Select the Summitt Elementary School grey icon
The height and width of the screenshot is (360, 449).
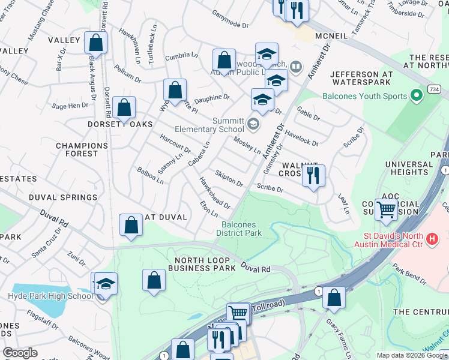coord(253,125)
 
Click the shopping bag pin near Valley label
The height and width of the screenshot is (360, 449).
coord(95,43)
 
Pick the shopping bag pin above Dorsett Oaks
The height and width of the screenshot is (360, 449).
coord(124,109)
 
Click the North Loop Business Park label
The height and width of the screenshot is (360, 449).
coord(205,265)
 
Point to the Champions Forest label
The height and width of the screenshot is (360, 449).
coord(77,149)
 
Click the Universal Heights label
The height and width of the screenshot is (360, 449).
coord(409,168)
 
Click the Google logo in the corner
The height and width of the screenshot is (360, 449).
coord(20,353)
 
